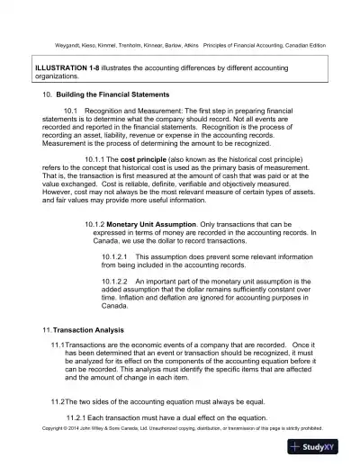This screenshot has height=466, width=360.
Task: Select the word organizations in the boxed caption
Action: tap(59, 76)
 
